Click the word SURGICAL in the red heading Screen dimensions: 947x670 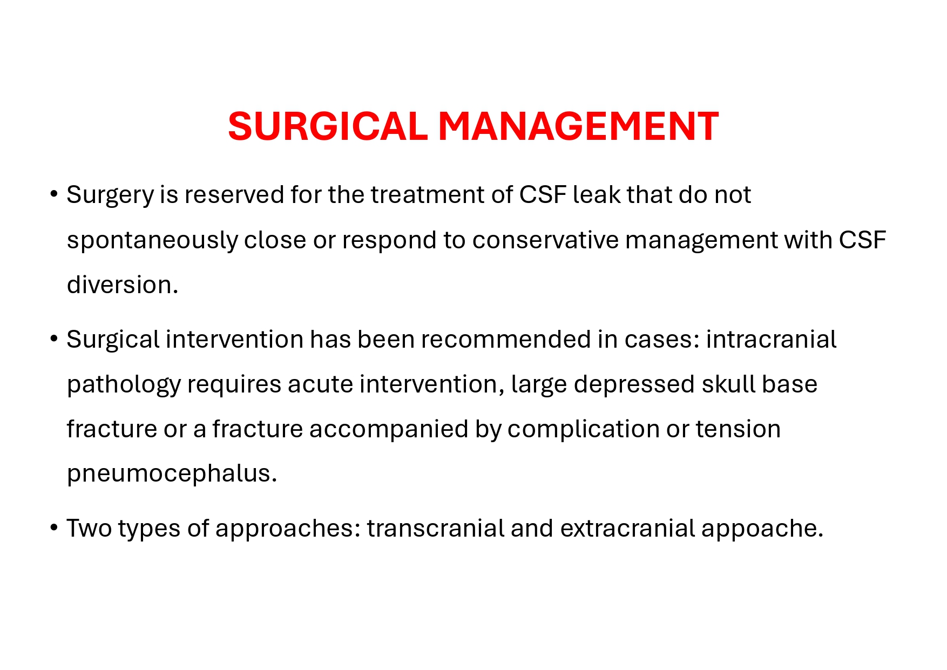[328, 126]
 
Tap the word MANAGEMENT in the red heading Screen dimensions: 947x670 [578, 126]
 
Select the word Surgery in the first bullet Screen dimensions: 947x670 [110, 195]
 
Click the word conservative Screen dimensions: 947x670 [545, 240]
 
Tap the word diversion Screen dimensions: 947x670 [123, 285]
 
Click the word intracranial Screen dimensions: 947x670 [771, 340]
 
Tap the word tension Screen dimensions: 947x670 [738, 429]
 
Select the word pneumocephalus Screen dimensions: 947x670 [172, 474]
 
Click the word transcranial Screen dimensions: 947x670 [436, 528]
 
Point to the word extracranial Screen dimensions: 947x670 [627, 528]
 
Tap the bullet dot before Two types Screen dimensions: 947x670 [53, 527]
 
